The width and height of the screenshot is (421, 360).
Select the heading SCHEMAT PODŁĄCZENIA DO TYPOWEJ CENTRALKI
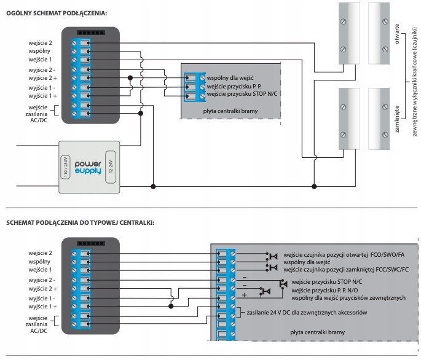[x=80, y=222]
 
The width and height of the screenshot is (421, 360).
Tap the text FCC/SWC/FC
[x=390, y=270]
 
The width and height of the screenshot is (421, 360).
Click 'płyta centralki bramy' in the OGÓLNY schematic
[x=230, y=111]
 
